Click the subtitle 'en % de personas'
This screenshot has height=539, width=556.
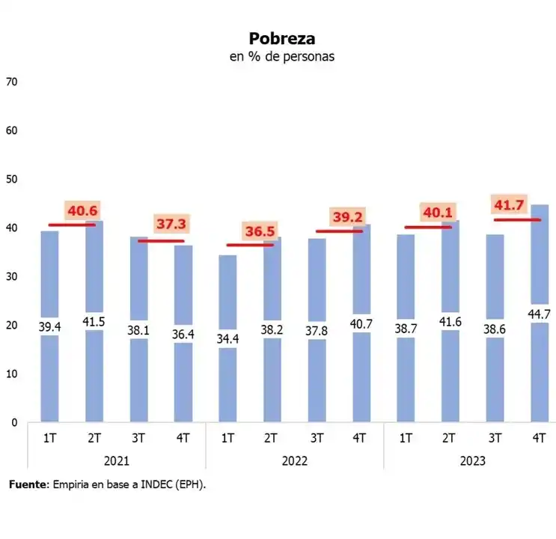click(281, 57)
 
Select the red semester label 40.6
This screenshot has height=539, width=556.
click(83, 211)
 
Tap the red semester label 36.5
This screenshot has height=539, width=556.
click(261, 231)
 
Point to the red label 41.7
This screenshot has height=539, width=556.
click(508, 204)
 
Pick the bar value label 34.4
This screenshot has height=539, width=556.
click(227, 338)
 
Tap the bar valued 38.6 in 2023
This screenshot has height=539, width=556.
click(494, 374)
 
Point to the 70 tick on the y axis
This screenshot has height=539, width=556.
click(11, 82)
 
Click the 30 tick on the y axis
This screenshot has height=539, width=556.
click(11, 276)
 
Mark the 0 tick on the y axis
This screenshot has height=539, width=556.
click(13, 422)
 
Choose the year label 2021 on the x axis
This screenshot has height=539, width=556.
click(116, 461)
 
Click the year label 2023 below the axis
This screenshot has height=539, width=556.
click(471, 461)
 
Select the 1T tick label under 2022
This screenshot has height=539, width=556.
click(227, 439)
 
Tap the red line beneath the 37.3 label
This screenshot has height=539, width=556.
click(161, 241)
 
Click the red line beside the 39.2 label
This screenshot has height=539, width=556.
click(338, 231)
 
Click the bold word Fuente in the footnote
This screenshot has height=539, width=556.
click(27, 485)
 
